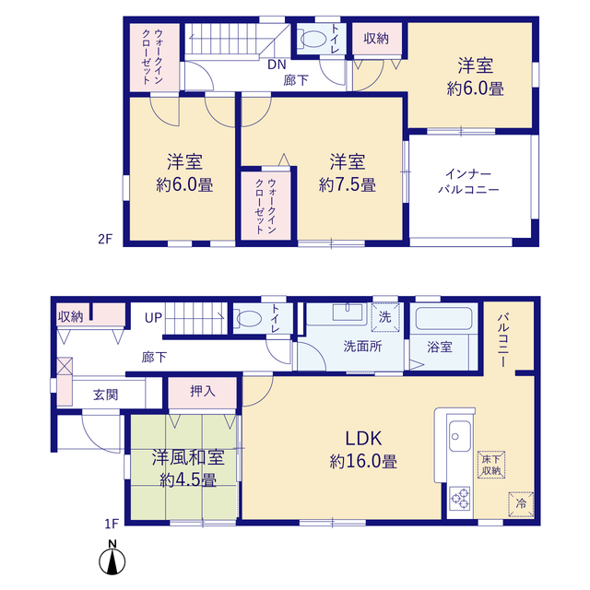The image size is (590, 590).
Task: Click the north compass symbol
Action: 112,558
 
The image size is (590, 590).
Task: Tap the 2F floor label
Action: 105,239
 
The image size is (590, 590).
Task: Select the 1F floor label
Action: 112,524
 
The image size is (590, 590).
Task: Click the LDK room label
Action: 363,439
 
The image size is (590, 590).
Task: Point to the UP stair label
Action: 154,318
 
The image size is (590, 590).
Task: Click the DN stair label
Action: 277,65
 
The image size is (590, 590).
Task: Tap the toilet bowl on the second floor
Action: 313,39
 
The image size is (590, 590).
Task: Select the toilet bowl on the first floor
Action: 249,319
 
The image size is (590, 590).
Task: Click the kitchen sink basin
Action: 460,436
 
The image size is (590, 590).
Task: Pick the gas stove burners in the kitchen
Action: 460,499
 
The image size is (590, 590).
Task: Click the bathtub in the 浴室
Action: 443,319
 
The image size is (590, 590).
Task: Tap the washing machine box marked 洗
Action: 385,317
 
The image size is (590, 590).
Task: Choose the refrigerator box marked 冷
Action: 521,503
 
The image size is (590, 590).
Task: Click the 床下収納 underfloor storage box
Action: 491,465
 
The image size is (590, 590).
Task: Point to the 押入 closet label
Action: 203,392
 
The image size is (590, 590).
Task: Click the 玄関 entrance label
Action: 106,395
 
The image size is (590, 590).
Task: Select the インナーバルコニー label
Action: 468,182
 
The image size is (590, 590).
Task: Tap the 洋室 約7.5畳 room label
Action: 347,173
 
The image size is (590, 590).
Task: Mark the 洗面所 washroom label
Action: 362,347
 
